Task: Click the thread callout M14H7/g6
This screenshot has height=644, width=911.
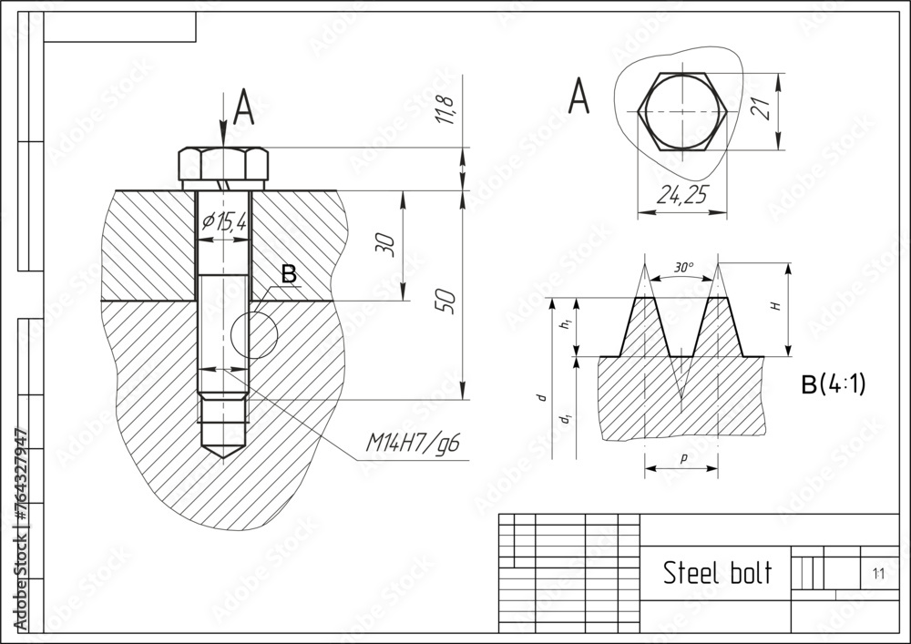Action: (413, 444)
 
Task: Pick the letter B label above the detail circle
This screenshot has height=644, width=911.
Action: (288, 273)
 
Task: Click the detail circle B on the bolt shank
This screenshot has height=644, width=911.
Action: (253, 334)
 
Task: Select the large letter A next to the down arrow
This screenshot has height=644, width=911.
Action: (243, 108)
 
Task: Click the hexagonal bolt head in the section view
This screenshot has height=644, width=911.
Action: (223, 165)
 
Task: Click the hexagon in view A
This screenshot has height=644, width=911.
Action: (682, 110)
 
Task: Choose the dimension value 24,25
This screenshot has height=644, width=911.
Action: (681, 196)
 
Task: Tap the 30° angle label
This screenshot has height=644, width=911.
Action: (684, 268)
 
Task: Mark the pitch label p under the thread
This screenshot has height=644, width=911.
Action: (682, 457)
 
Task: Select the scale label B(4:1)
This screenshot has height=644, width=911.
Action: (833, 384)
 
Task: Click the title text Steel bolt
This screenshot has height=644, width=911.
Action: (716, 573)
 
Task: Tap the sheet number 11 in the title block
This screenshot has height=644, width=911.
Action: (878, 574)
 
